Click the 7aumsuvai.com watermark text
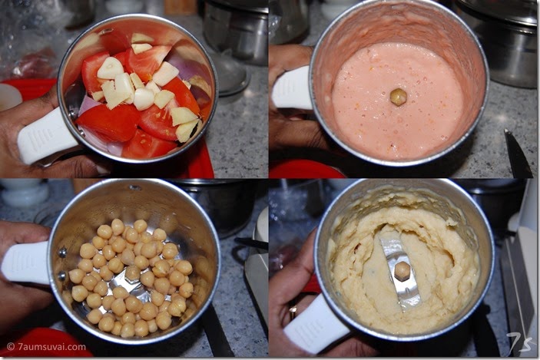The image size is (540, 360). (46, 347)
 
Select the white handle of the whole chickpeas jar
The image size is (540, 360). (26, 263)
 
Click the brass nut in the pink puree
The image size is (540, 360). (399, 97)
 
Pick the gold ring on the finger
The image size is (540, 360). (293, 312)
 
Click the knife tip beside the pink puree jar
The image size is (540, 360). (505, 130)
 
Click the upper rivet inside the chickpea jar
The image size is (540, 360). (63, 253)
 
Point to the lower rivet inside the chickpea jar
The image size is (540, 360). (62, 276)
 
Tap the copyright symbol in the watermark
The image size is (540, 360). (10, 347)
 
